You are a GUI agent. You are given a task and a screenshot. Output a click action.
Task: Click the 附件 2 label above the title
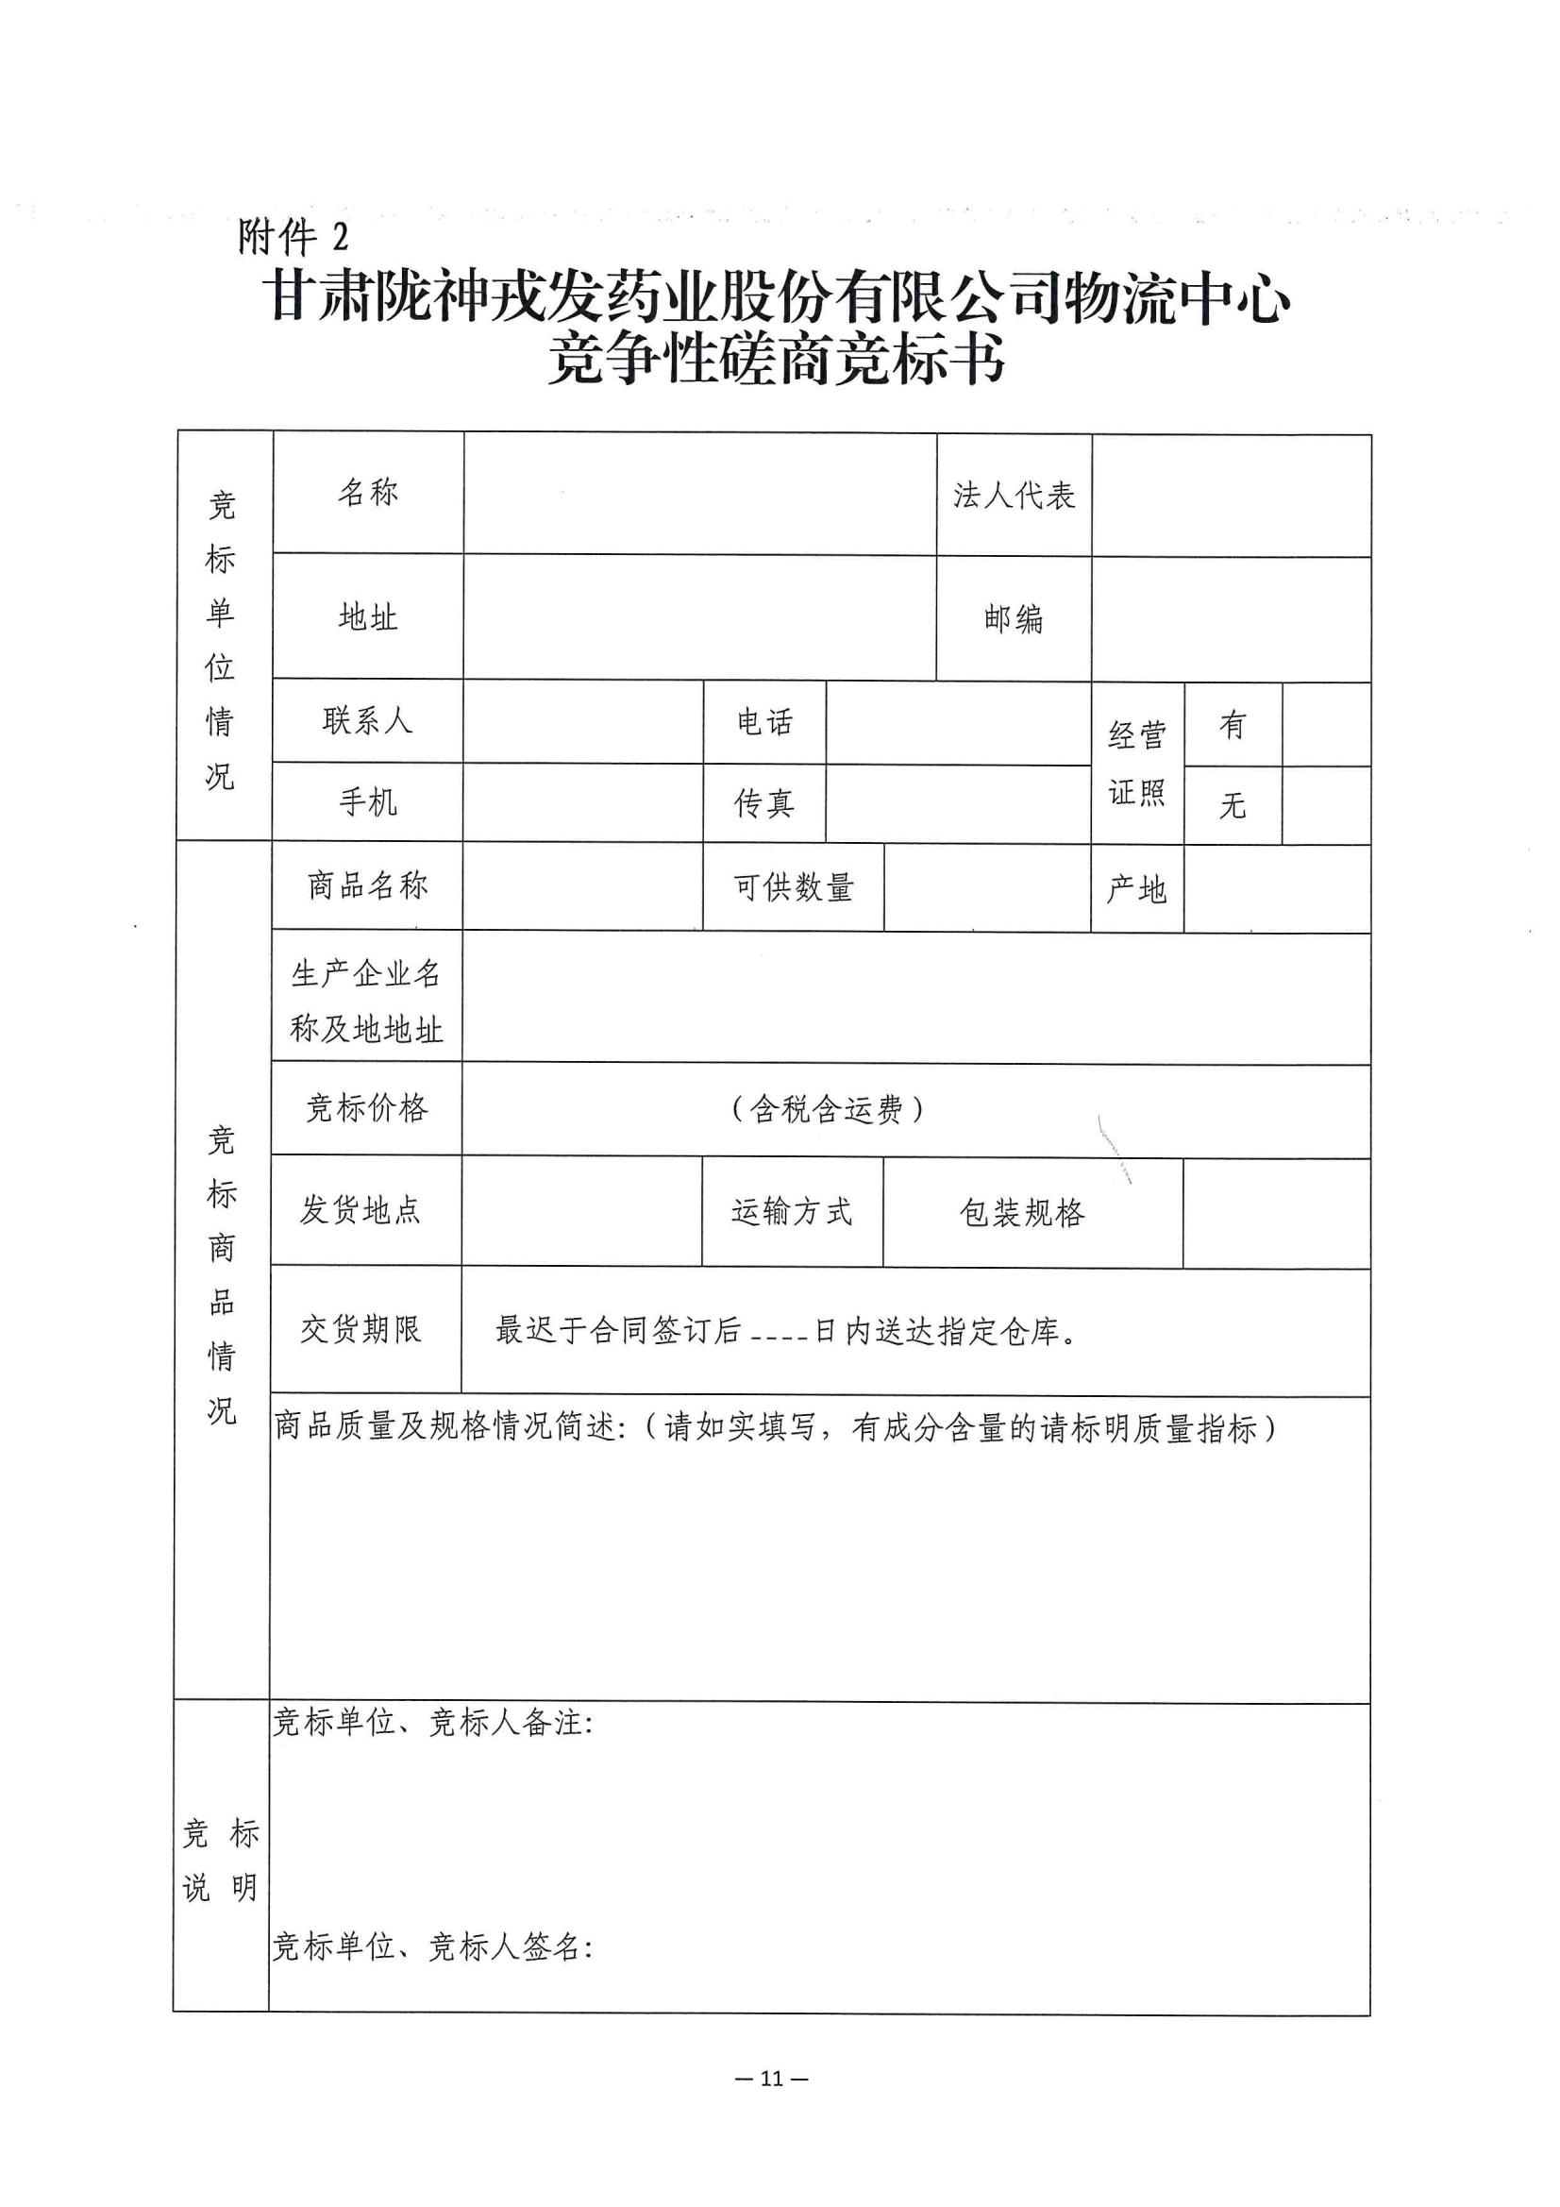click(293, 236)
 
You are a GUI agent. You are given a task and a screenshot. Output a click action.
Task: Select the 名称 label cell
click(368, 492)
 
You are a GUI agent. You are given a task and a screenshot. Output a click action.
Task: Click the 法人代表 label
click(1015, 496)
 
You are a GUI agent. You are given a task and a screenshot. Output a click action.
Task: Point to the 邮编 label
click(1013, 619)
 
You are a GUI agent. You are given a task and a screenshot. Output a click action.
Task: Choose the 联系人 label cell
click(367, 721)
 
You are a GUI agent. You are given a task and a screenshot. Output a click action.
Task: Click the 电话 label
click(764, 723)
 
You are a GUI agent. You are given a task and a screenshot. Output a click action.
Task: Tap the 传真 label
click(764, 803)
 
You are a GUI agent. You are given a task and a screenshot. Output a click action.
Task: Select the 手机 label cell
click(367, 802)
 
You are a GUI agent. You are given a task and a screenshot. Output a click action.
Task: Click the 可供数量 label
click(793, 887)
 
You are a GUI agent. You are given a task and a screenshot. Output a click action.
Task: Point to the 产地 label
click(1136, 889)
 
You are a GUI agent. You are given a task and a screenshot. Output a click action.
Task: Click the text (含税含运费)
click(827, 1110)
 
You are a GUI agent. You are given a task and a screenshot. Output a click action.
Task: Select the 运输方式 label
click(791, 1212)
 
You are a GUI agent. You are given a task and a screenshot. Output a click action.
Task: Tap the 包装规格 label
click(1022, 1213)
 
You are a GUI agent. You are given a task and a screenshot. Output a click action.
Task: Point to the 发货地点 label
click(361, 1210)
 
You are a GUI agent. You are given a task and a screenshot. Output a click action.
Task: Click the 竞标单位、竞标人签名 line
click(432, 1947)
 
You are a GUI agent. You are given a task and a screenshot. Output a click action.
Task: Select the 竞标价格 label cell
click(366, 1108)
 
